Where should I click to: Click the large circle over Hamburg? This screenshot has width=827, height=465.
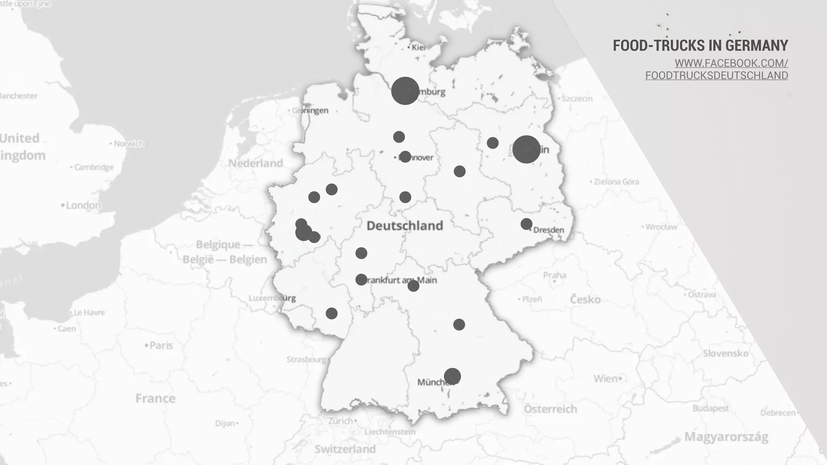click(405, 91)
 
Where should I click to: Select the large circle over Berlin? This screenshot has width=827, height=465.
click(526, 149)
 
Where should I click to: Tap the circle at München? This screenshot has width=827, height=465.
click(452, 376)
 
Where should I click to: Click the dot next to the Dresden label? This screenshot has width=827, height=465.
click(526, 224)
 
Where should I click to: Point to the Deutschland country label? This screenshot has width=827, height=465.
click(405, 226)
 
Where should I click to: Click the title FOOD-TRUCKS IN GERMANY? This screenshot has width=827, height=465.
click(700, 46)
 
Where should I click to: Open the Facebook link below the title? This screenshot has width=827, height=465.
click(717, 69)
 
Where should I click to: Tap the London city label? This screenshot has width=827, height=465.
click(83, 205)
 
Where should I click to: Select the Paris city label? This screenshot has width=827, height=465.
click(161, 346)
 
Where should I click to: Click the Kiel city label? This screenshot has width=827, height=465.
click(418, 48)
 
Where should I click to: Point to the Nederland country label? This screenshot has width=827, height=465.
click(255, 163)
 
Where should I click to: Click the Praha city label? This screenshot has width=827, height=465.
click(554, 275)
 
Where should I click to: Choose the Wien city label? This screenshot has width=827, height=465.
click(605, 379)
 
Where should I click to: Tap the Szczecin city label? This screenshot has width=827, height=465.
click(577, 99)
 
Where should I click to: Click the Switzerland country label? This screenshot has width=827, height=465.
click(345, 449)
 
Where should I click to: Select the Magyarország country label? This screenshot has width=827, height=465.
click(726, 437)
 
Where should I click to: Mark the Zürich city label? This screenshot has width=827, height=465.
click(340, 421)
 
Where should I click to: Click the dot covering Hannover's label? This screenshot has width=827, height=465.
click(405, 157)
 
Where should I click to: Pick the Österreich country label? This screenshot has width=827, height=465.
click(550, 409)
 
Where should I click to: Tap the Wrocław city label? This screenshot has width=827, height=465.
click(661, 227)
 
